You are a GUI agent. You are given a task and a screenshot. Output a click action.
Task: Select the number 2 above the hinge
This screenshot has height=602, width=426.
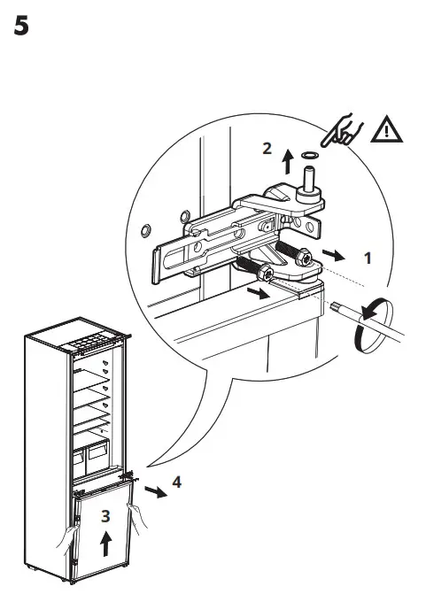tap(266, 148)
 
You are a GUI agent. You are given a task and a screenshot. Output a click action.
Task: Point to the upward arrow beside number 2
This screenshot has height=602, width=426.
tap(287, 159)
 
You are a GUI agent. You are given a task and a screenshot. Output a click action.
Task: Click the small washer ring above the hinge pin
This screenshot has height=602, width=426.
tap(310, 156)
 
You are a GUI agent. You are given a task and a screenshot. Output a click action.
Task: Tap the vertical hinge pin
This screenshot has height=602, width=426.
tap(311, 181)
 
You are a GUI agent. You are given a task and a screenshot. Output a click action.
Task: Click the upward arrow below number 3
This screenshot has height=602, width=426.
tap(105, 543)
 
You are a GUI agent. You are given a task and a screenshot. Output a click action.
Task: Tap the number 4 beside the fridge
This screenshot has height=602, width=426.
tap(176, 482)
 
